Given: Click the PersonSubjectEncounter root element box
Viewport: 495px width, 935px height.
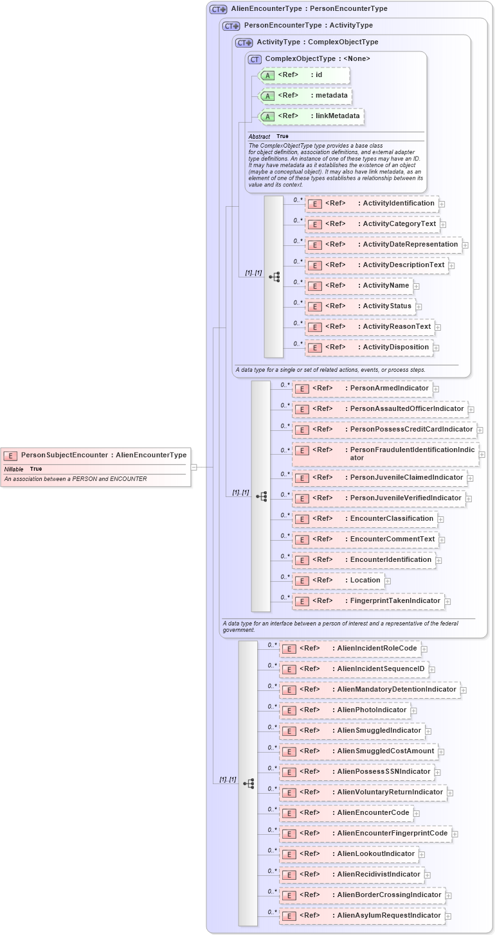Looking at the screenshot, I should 96,455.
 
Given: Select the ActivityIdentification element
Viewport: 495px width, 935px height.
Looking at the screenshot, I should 372,204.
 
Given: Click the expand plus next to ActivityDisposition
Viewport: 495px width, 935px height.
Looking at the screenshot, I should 436,348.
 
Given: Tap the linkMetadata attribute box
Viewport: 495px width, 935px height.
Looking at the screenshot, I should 311,116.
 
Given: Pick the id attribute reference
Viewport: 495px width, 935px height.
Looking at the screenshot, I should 304,75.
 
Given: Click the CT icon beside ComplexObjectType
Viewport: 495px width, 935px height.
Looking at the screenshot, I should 255,59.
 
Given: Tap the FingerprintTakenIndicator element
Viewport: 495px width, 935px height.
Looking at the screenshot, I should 368,601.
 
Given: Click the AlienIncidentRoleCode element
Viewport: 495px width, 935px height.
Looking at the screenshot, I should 350,649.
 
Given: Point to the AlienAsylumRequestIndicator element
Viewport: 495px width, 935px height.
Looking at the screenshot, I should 362,916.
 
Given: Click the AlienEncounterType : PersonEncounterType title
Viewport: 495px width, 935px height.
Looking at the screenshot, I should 300,9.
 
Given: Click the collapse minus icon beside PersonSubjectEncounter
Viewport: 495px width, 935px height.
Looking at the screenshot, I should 194,468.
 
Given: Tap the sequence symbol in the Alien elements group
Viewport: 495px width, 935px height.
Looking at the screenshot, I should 248,783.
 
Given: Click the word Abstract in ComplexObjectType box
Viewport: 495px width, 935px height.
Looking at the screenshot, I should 259,137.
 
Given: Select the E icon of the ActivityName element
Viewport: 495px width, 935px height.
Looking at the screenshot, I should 315,286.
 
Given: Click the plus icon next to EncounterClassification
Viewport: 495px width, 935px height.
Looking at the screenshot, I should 440,520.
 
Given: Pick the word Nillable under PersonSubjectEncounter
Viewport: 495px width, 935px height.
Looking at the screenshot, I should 14,469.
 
